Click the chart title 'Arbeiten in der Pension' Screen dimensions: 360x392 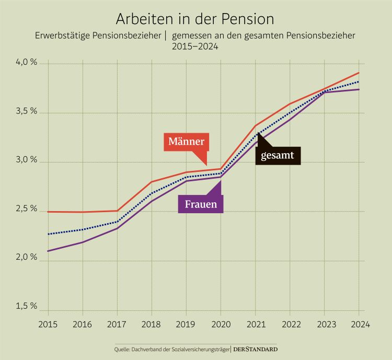tap(195, 19)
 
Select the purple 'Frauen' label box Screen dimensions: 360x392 tap(201, 204)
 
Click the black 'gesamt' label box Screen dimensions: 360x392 tap(278, 155)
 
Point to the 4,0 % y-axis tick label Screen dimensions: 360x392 tap(27, 63)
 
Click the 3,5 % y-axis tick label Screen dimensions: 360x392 tap(27, 112)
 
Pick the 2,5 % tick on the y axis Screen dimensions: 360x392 tap(27, 210)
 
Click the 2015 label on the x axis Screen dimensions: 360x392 tap(48, 324)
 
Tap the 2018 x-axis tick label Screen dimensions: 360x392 tap(152, 324)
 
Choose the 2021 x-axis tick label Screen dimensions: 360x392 tap(256, 324)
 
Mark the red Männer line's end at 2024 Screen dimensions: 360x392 tap(359, 73)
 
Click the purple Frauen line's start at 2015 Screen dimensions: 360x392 tap(48, 251)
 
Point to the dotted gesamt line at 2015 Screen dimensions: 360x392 tap(48, 234)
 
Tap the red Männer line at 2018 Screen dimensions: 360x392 tap(152, 182)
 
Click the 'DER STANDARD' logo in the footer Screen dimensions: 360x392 tap(255, 349)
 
